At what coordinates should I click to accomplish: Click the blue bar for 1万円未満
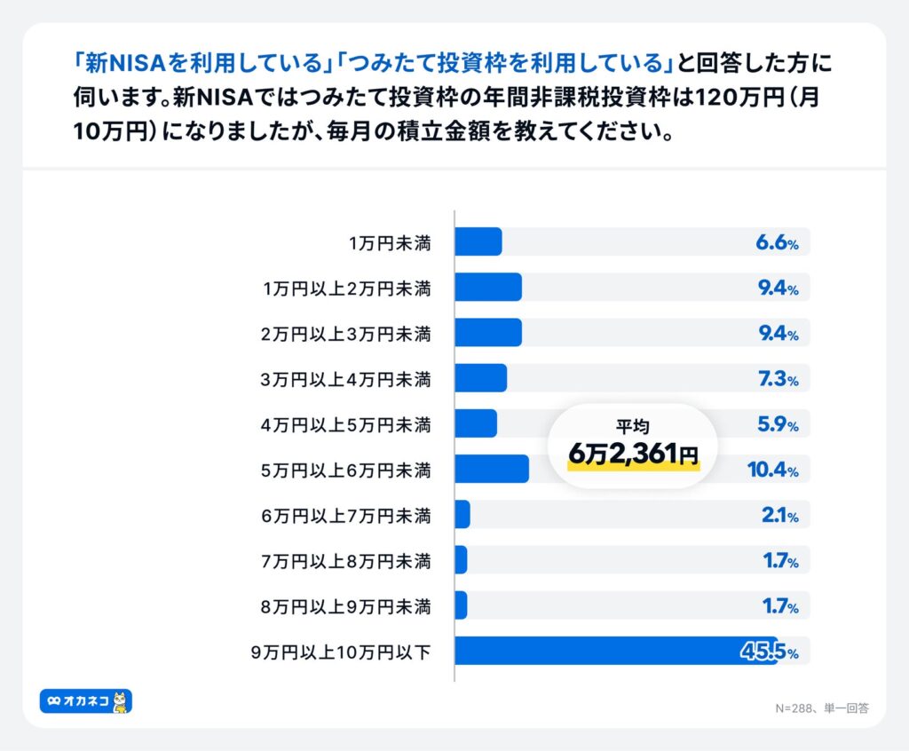pos(478,241)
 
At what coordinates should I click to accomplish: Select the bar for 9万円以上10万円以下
pos(615,651)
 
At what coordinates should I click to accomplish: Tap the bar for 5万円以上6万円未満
pos(492,469)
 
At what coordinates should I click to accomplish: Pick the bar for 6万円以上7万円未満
pos(462,514)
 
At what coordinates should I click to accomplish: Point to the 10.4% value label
pos(772,470)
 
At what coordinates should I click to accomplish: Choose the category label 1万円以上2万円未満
pos(347,289)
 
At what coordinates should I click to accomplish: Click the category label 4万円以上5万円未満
pos(346,424)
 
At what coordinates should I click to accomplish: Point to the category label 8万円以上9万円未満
pos(346,606)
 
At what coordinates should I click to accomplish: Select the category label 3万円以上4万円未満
pos(346,379)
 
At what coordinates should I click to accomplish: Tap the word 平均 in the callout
pos(633,427)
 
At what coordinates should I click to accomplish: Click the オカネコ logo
pos(86,701)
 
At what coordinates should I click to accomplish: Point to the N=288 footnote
pos(798,708)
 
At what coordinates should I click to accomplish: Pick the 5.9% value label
pos(777,424)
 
